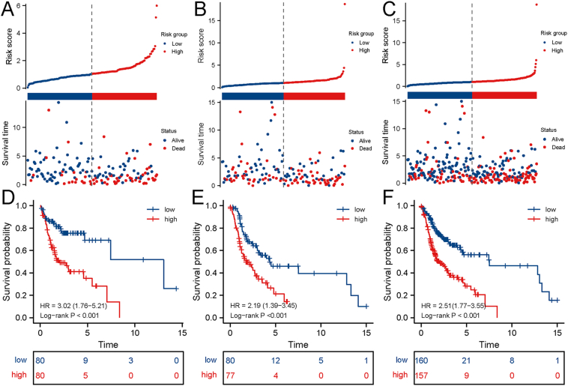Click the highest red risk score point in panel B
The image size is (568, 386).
point(345,4)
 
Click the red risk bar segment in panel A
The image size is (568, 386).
point(124,96)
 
